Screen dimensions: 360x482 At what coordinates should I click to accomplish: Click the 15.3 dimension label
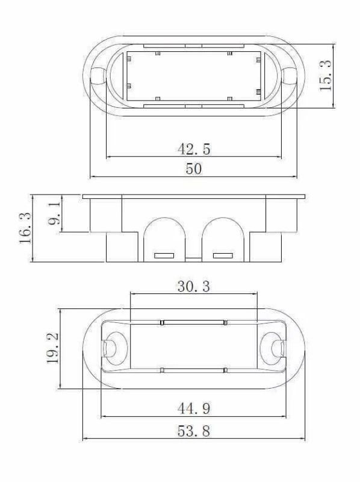pyautogui.click(x=326, y=76)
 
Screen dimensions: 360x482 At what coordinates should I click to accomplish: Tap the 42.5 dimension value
pyautogui.click(x=194, y=149)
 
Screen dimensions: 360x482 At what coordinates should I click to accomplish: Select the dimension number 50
pyautogui.click(x=194, y=169)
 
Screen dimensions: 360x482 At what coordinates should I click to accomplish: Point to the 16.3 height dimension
pyautogui.click(x=25, y=228)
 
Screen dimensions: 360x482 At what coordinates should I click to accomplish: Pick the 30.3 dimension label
pyautogui.click(x=194, y=287)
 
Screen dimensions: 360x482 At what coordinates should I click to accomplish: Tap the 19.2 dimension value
pyautogui.click(x=53, y=349)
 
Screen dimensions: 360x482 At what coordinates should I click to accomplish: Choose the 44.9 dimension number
pyautogui.click(x=194, y=408)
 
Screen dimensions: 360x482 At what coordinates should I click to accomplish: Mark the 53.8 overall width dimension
pyautogui.click(x=194, y=431)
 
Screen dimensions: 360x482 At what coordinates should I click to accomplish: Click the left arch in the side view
pyautogui.click(x=164, y=219)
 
